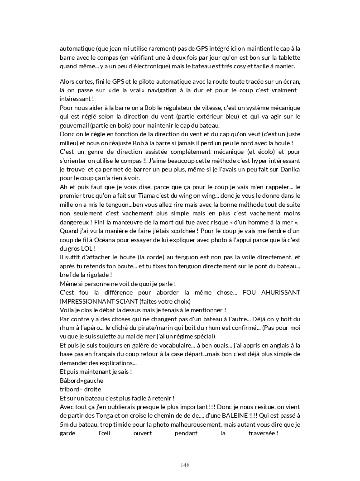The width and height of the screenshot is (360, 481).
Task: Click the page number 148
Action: (x=185, y=465)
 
